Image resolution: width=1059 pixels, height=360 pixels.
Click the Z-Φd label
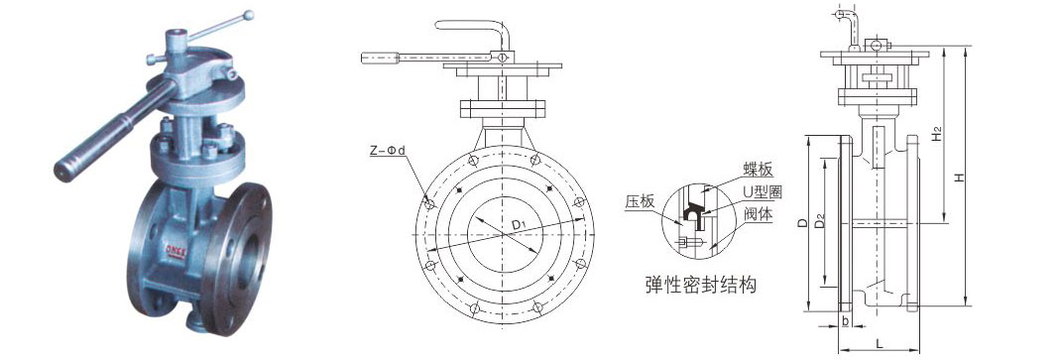point(387,151)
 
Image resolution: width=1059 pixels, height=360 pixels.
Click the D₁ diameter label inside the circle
point(519,224)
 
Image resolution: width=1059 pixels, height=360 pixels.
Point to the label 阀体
point(758,214)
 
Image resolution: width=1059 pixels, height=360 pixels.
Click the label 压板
point(640,201)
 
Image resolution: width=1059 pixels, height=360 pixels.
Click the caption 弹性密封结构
point(701,286)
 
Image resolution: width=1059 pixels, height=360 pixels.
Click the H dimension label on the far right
point(959,177)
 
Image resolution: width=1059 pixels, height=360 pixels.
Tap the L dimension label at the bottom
point(879,344)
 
